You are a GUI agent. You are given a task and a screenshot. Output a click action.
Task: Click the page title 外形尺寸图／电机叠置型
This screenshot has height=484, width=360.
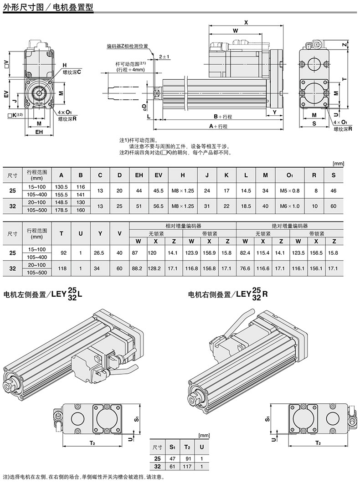[x=48, y=6]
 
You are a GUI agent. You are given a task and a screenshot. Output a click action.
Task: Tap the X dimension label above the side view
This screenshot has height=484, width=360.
[x=246, y=22]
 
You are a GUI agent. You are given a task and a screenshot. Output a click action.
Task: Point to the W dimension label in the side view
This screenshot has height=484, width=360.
[x=235, y=31]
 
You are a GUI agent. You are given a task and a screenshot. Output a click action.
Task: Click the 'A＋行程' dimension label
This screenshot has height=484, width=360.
[x=218, y=126]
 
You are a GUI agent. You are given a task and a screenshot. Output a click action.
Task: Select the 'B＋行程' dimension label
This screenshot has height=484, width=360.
[x=223, y=116]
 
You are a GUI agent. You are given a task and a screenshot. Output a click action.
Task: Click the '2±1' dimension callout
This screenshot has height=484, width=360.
[x=165, y=57]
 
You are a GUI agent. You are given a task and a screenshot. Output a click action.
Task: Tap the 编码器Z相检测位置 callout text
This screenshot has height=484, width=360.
[x=128, y=46]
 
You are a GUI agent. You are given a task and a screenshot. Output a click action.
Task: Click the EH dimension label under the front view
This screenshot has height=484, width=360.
[x=39, y=132]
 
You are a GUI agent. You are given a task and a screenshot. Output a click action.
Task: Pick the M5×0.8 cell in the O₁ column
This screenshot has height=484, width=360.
[x=290, y=191]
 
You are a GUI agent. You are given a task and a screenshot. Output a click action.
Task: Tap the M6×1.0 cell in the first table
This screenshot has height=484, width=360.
[x=290, y=206]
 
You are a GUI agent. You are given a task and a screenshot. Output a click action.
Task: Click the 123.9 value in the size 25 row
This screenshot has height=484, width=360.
[x=191, y=253]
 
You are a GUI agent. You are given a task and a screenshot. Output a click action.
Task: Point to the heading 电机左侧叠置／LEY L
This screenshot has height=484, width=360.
[x=43, y=294]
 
